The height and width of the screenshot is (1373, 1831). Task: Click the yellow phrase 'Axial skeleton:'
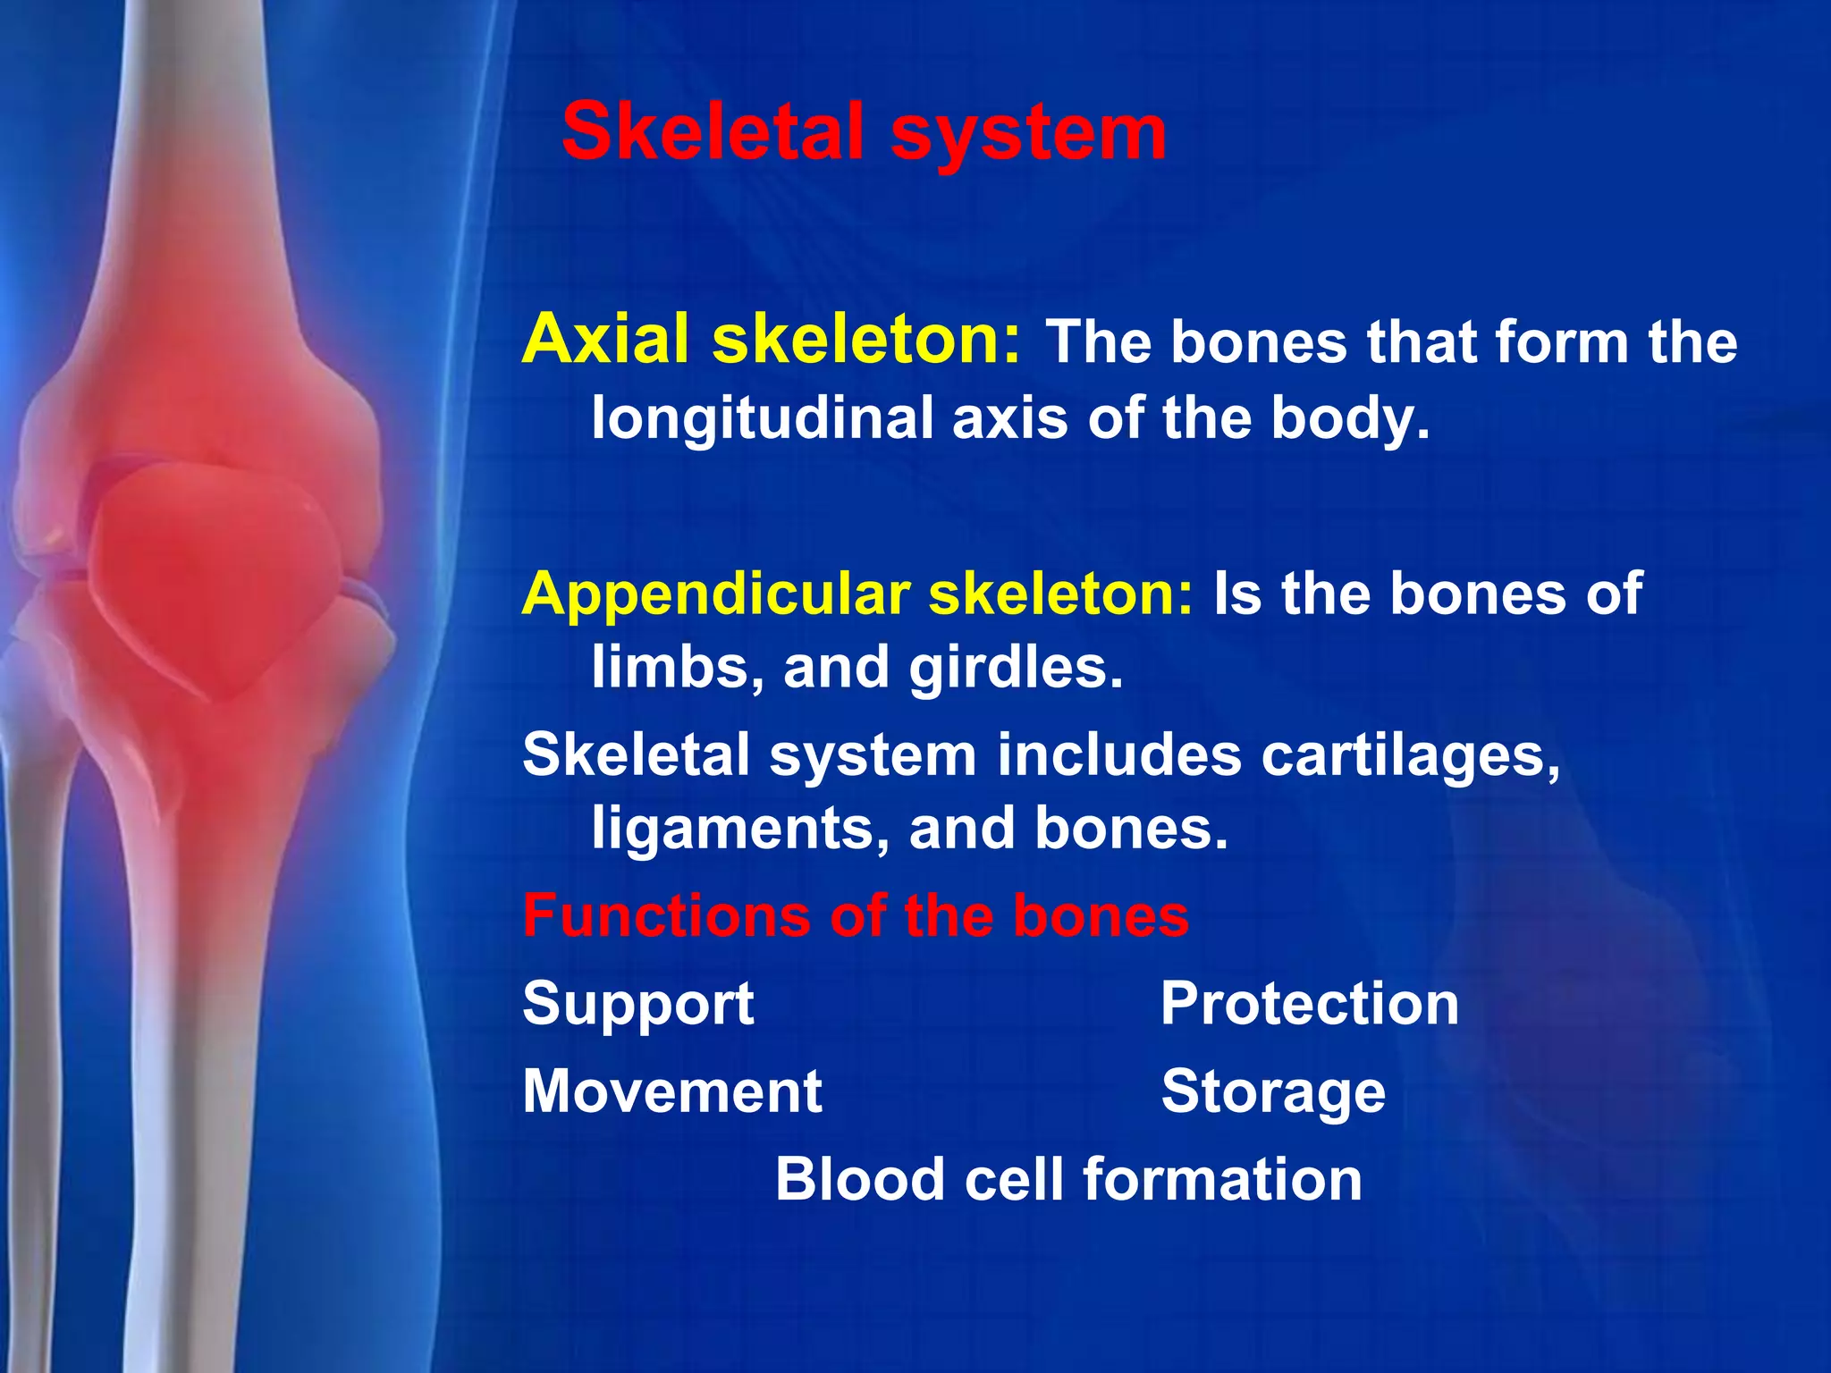771,340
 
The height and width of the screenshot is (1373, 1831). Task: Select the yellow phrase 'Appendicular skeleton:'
856,594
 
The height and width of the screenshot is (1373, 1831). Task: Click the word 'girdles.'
1015,669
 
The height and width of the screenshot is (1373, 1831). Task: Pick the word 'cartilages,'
1410,755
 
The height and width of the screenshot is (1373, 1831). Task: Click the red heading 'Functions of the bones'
855,915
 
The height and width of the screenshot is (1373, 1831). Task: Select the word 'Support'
637,1004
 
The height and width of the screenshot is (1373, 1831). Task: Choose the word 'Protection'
1309,1003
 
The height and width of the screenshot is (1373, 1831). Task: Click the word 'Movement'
671,1091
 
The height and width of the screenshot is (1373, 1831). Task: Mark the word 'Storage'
1272,1093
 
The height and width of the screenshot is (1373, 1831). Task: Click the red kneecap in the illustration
215,572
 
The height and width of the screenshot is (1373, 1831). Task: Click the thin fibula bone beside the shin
36,983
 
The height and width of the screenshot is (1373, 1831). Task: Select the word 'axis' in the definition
1009,418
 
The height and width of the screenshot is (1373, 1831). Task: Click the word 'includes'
1118,755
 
